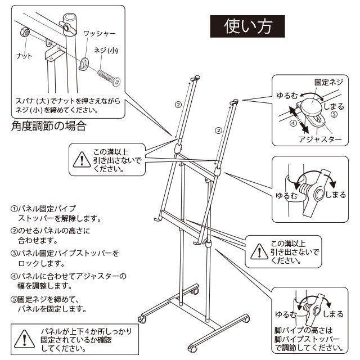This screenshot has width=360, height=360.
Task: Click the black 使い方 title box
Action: pos(247,25)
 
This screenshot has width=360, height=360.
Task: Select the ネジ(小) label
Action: pos(106,51)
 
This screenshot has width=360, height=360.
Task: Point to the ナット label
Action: pos(24,56)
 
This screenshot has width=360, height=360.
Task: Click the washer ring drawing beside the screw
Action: pos(84,62)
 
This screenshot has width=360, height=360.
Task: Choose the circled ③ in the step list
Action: pos(14,254)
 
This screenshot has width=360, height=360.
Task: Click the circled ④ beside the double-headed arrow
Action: pos(293,122)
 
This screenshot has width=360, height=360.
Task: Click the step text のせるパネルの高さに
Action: pos(54,231)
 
